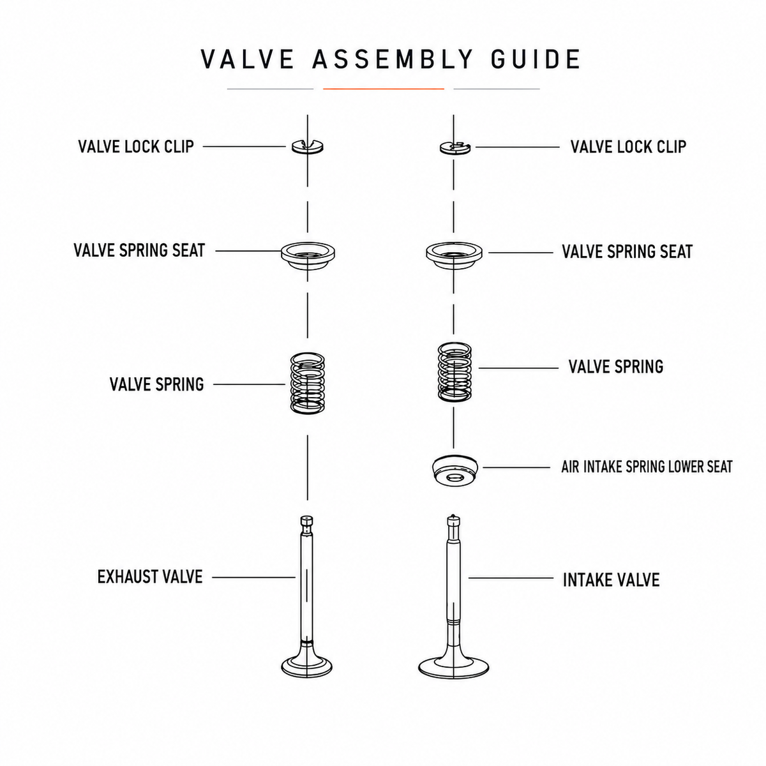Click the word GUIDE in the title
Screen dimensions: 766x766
click(536, 59)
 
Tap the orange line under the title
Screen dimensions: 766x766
click(383, 89)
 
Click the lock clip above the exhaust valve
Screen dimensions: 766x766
click(307, 146)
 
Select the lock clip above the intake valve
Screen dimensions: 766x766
click(455, 147)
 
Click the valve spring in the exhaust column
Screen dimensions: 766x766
click(307, 383)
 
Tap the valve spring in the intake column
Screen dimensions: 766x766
click(454, 372)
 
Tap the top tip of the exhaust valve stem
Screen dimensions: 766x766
click(307, 517)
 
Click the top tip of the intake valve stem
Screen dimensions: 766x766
click(453, 516)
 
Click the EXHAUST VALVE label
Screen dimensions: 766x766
click(150, 577)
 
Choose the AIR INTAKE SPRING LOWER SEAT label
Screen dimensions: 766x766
click(647, 467)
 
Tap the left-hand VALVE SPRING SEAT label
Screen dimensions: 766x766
click(139, 250)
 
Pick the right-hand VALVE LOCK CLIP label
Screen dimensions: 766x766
click(628, 147)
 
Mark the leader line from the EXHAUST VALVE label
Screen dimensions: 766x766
click(254, 577)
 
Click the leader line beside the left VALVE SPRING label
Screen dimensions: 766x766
click(249, 384)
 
